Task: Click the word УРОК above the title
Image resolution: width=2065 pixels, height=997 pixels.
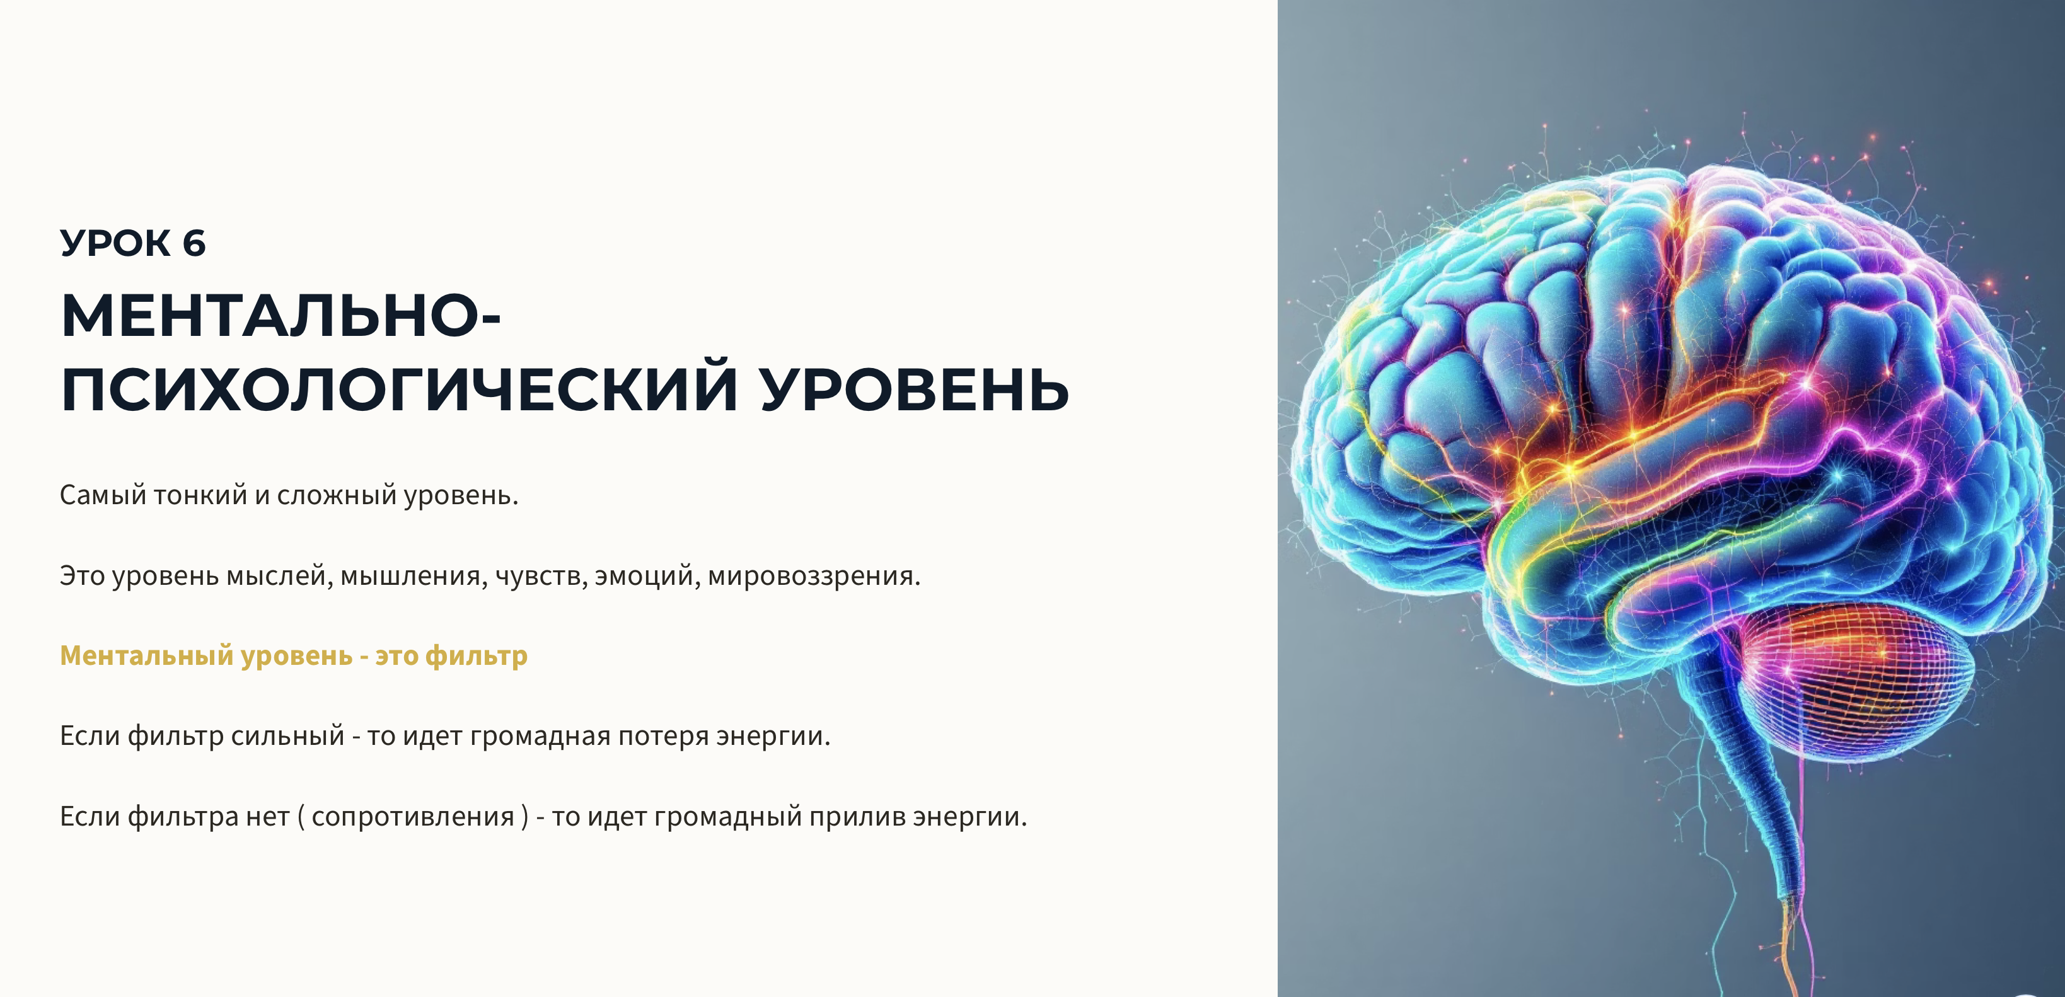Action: [x=115, y=243]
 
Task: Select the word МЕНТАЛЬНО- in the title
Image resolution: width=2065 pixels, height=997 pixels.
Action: [x=281, y=316]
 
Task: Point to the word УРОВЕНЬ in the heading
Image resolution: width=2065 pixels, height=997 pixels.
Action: [x=915, y=389]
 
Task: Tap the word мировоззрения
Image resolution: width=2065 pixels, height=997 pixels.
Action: [x=814, y=575]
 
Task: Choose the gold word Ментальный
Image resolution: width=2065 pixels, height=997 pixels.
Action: [x=147, y=655]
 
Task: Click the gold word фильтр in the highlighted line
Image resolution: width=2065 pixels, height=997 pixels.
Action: [x=476, y=655]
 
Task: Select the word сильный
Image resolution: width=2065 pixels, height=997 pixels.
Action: [x=288, y=735]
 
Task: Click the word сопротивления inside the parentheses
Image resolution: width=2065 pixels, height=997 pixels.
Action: [x=413, y=817]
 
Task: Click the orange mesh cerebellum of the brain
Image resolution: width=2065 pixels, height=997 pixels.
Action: [x=1844, y=681]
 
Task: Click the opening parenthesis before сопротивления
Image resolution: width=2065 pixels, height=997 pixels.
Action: [x=301, y=817]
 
